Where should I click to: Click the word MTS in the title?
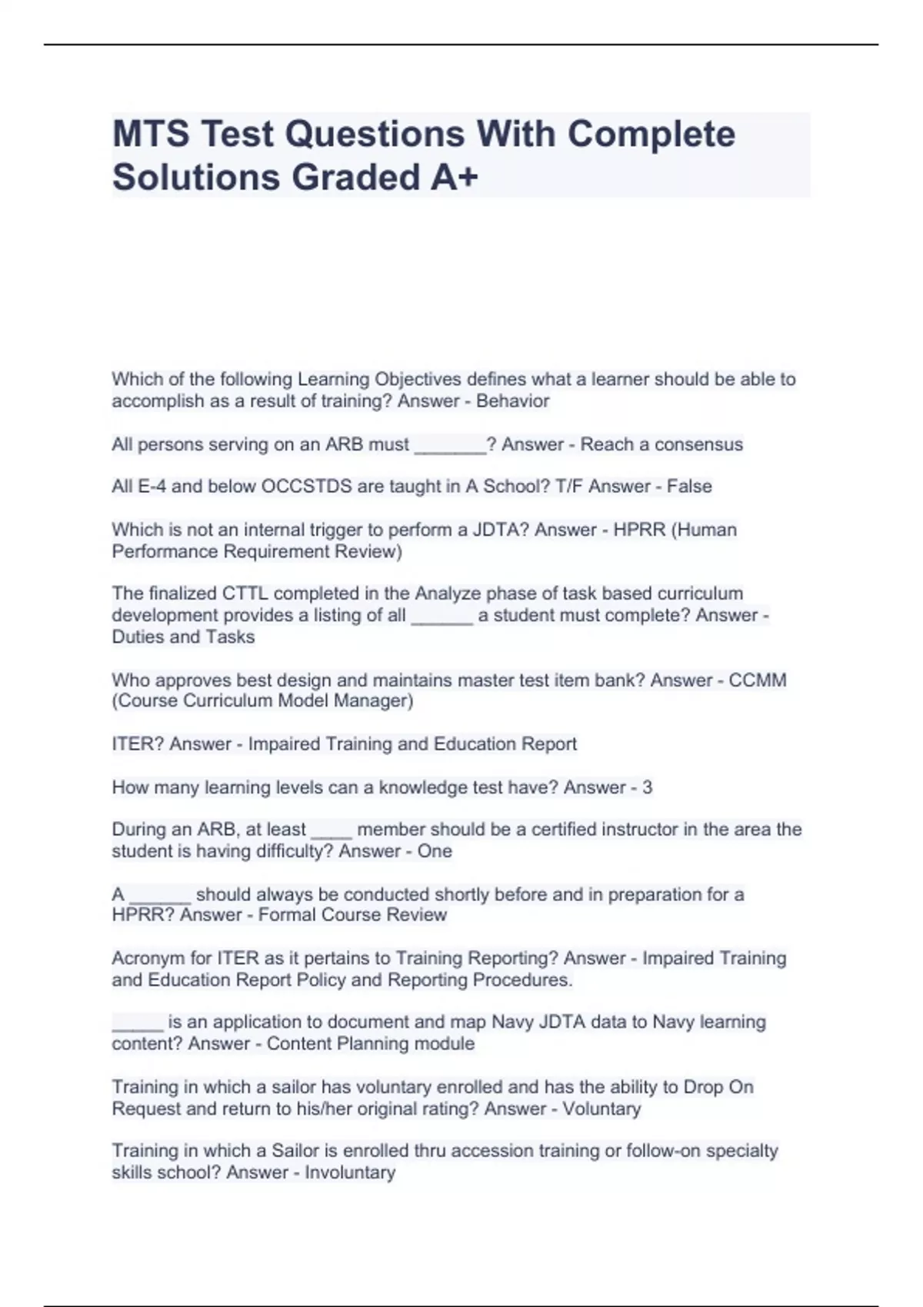[150, 135]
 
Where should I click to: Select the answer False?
[689, 487]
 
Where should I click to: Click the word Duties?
[138, 637]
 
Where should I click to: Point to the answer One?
[435, 851]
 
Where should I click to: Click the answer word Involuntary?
[350, 1172]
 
